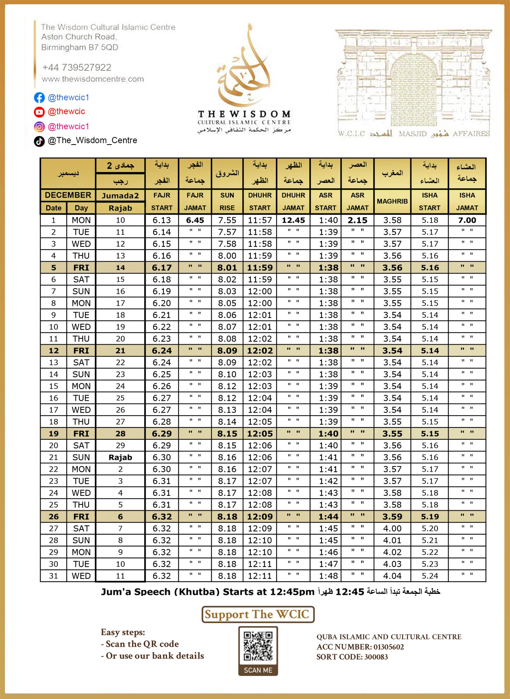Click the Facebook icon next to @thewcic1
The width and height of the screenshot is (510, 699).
coord(39,97)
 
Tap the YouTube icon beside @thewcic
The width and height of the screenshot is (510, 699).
coord(39,112)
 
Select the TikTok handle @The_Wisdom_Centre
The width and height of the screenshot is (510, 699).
coord(92,140)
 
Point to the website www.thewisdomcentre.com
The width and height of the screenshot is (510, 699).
coord(93,79)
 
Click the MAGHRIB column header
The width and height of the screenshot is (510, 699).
coord(392,201)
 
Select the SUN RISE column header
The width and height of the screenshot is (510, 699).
coord(227,201)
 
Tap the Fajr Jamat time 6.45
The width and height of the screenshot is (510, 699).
coord(195,220)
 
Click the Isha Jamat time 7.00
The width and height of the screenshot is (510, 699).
coord(467,220)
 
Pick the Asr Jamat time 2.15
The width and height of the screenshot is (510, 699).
coord(357,220)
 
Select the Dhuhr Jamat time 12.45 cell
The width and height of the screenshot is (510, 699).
coord(293,220)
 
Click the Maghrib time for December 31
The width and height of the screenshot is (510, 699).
coord(392,576)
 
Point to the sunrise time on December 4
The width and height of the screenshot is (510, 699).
coord(227,256)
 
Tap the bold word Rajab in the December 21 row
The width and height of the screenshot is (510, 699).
coord(120,457)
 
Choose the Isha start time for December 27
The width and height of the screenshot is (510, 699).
coord(430,528)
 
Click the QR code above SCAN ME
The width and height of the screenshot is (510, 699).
coord(258,646)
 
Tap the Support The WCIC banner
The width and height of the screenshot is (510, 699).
coord(258,614)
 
